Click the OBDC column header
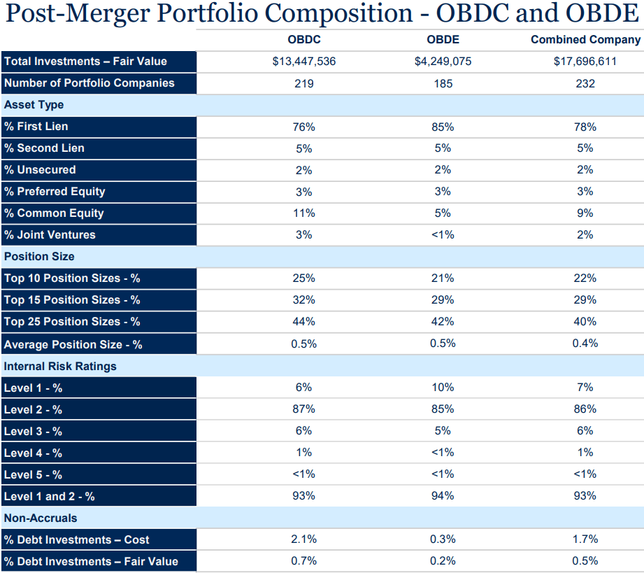point(303,40)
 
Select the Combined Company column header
point(585,40)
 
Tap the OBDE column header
point(443,40)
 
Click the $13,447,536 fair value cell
point(303,62)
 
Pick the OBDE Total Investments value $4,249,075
point(443,62)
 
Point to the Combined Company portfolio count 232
point(585,83)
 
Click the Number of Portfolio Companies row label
point(89,83)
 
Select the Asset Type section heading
point(34,105)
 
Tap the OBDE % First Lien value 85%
point(443,127)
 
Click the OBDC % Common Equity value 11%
point(303,213)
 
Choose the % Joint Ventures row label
point(50,235)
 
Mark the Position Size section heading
point(39,257)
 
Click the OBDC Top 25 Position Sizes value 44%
point(303,322)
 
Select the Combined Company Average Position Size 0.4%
point(585,344)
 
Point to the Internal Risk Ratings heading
point(60,366)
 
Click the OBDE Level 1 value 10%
point(443,388)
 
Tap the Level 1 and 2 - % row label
point(49,496)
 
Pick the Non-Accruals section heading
point(41,518)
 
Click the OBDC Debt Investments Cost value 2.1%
point(303,539)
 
